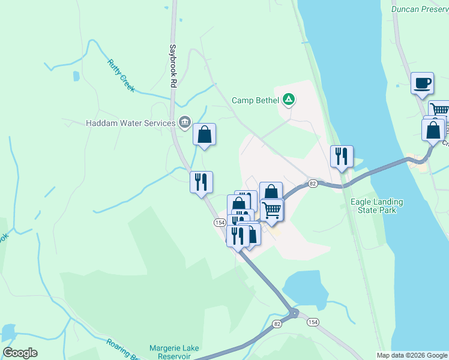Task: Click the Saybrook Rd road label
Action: [172, 67]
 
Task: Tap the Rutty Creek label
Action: [121, 75]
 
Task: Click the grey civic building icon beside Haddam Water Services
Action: [184, 123]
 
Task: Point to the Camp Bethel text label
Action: [256, 100]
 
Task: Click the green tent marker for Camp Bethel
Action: [289, 100]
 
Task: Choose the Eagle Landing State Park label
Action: [376, 206]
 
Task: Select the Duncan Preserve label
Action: [419, 9]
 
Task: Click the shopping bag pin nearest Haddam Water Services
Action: [204, 135]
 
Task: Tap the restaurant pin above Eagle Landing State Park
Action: [342, 157]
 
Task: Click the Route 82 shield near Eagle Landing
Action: [312, 183]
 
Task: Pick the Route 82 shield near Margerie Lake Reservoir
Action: [276, 324]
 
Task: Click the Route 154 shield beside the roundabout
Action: [313, 322]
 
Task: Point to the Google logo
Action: [20, 353]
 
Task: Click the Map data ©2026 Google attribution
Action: [412, 355]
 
